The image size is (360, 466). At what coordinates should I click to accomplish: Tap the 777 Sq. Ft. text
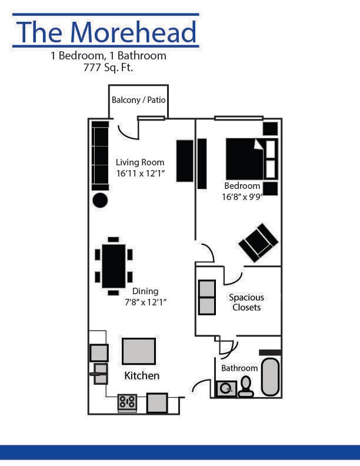click(x=108, y=68)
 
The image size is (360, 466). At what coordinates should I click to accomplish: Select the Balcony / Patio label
click(x=139, y=100)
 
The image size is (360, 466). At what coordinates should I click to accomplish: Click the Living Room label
click(x=140, y=162)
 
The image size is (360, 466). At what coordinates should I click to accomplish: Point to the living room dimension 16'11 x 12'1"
click(x=140, y=174)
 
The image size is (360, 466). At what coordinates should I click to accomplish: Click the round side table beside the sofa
click(x=100, y=200)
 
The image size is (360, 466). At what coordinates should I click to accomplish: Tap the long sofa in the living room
click(x=100, y=156)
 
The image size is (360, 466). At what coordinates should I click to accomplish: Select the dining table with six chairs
click(x=114, y=266)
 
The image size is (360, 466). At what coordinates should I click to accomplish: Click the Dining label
click(x=145, y=291)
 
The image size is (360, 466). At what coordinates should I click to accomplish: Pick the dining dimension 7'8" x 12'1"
click(x=145, y=302)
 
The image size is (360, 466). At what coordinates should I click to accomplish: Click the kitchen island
click(x=139, y=351)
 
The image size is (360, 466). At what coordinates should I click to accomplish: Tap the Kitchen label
click(x=142, y=375)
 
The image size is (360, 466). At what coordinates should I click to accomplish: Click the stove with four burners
click(x=127, y=402)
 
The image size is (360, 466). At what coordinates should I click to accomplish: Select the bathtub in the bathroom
click(x=270, y=377)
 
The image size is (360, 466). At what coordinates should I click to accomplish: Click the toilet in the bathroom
click(x=246, y=387)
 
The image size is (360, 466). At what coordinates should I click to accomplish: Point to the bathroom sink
click(x=226, y=388)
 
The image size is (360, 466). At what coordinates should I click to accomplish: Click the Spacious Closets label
click(x=246, y=302)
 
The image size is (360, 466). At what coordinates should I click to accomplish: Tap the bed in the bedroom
click(x=245, y=159)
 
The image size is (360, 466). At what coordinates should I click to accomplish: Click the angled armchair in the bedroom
click(x=258, y=242)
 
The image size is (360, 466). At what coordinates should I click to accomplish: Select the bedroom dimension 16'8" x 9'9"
click(x=241, y=197)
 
